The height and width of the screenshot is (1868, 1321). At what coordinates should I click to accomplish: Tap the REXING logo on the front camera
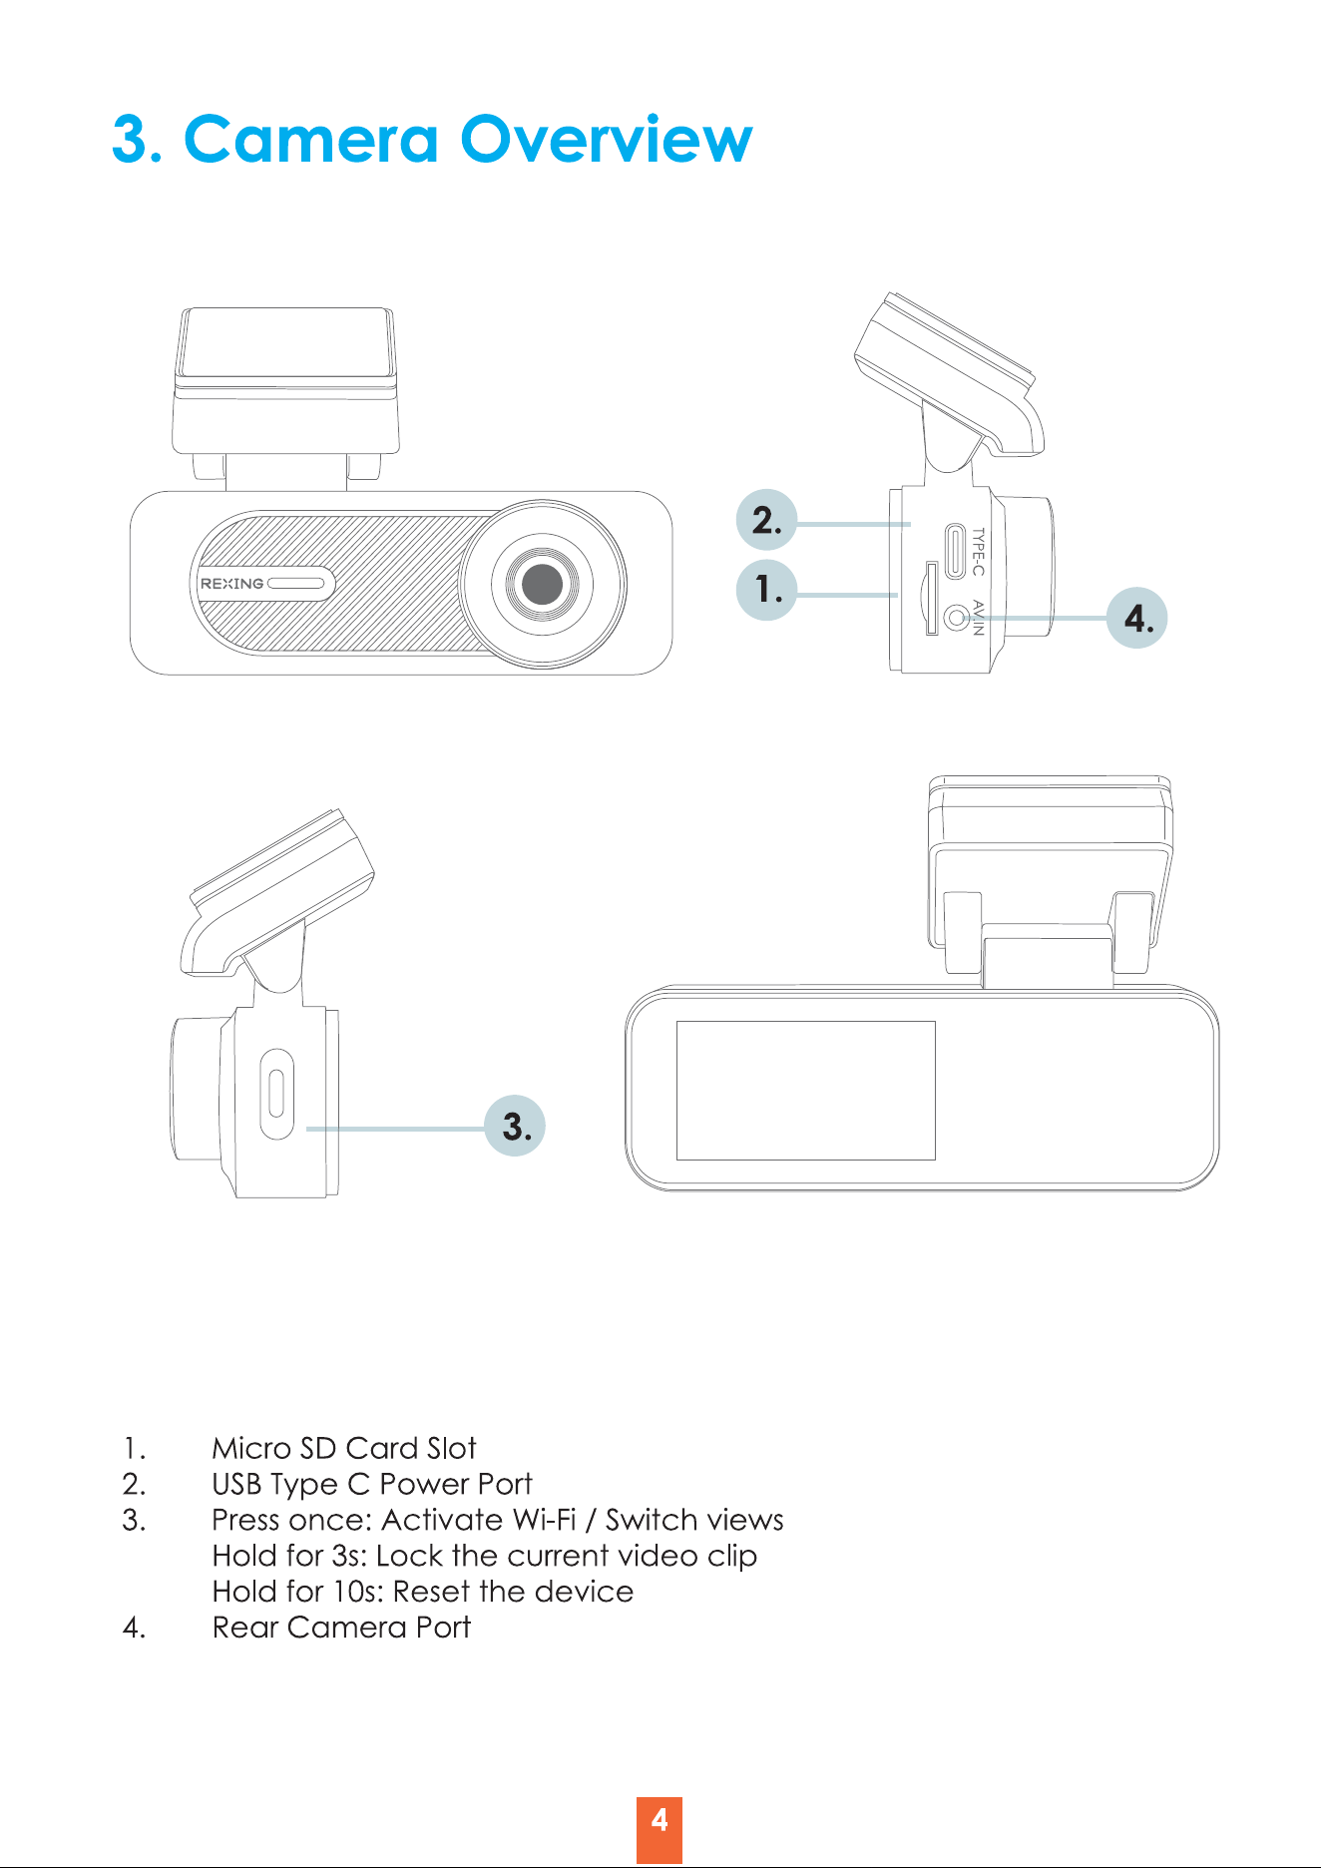coord(231,584)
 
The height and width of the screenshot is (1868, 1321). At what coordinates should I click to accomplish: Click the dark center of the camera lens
coord(542,584)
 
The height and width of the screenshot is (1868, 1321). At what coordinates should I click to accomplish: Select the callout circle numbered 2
coord(766,520)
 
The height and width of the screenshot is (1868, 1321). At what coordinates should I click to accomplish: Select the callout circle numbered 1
coord(766,590)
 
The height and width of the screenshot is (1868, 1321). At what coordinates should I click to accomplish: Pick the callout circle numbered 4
coord(1137,618)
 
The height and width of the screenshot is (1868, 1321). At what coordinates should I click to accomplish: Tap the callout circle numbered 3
coord(515,1126)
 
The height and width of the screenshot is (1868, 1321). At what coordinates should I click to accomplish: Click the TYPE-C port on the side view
coord(956,551)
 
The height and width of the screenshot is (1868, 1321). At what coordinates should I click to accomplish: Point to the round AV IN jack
coord(957,619)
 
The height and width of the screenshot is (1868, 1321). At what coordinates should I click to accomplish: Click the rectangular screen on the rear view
coord(806,1090)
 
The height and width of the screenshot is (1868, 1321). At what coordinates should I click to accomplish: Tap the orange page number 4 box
coord(660,1830)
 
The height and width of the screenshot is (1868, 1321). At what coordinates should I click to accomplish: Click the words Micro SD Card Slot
coord(344,1448)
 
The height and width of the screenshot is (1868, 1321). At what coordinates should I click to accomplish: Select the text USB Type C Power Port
coord(372,1484)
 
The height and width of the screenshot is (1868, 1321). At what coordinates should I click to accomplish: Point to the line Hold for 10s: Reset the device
coord(423,1591)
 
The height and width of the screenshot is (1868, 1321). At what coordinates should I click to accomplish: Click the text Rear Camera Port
coord(341,1627)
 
